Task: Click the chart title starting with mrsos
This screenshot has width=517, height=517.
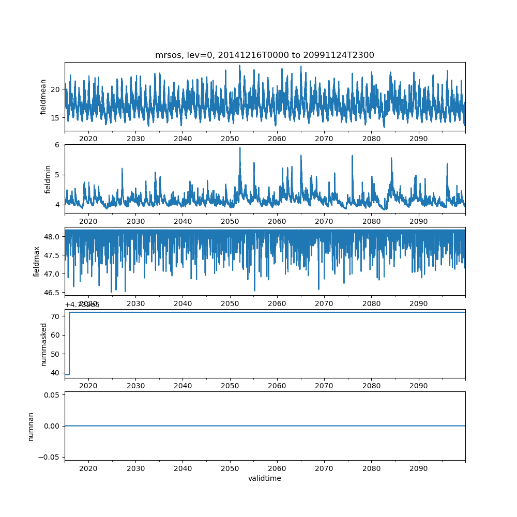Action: (x=265, y=55)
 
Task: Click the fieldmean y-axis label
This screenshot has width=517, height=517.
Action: (x=43, y=97)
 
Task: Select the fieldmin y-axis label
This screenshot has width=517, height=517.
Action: (x=48, y=179)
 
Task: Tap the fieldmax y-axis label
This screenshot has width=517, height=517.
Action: (x=36, y=261)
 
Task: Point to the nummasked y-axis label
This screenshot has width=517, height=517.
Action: (x=43, y=344)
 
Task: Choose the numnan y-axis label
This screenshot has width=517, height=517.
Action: (x=31, y=426)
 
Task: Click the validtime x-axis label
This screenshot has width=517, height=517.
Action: (x=265, y=479)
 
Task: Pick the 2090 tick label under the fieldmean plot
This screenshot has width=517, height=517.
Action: (x=418, y=139)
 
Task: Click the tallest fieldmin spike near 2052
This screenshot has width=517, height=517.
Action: (x=240, y=148)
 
